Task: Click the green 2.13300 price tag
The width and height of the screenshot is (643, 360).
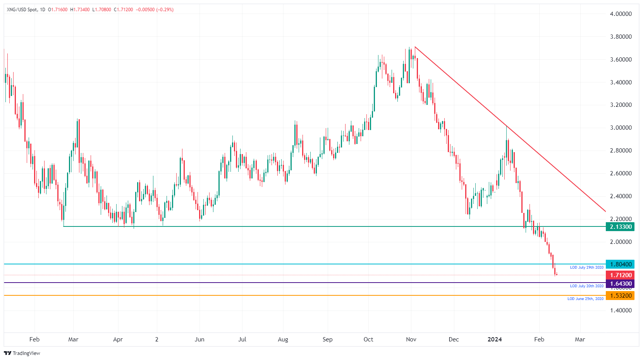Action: coord(620,227)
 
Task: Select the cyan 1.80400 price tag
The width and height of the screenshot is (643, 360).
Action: coord(620,264)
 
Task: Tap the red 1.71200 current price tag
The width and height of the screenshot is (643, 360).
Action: coord(620,275)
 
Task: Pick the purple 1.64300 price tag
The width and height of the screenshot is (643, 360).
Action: coord(620,284)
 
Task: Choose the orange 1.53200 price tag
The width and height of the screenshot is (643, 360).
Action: coord(620,296)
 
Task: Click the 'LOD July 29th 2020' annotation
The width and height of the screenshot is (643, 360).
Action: coord(586,267)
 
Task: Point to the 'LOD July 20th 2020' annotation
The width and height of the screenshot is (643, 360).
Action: coord(586,286)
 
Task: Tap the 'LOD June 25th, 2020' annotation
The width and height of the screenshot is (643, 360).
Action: coord(585,299)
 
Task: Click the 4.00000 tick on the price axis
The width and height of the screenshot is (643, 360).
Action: coord(621,14)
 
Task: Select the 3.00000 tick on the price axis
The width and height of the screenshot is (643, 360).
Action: coord(621,128)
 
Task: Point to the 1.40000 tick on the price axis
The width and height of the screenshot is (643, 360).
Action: coord(621,310)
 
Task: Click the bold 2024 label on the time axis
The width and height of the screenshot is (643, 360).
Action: coord(495,339)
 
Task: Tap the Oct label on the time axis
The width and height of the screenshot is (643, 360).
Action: coord(368,339)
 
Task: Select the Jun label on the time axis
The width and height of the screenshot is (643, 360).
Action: coord(199,339)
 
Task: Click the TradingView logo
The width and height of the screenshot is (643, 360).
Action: coord(22,353)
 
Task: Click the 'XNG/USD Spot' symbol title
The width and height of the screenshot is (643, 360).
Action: coord(22,10)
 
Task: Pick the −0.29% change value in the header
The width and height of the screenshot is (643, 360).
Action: coord(165,10)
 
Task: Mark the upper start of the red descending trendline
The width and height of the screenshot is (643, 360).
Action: coord(415,47)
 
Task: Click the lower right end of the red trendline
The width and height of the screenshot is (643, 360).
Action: coord(605,212)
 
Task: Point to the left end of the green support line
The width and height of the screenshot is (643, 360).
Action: coord(64,226)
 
